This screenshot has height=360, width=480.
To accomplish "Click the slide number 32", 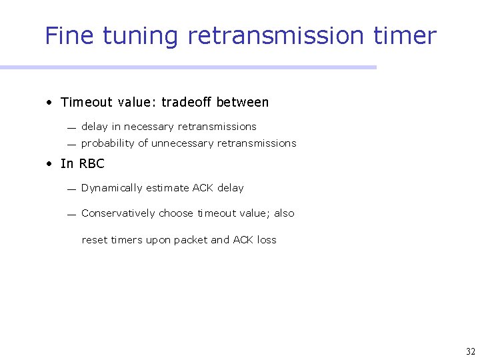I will click(x=469, y=351).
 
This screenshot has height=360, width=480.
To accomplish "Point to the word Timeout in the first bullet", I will click(x=87, y=102).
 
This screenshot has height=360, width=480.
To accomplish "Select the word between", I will click(x=243, y=102).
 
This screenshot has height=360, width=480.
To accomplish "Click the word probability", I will click(x=108, y=143).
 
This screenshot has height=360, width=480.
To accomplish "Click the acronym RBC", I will click(x=92, y=164).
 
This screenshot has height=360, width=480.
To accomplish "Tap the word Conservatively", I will click(x=118, y=213).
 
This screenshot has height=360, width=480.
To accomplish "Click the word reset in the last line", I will click(x=93, y=240).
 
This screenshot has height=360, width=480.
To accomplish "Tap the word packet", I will click(x=191, y=240).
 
